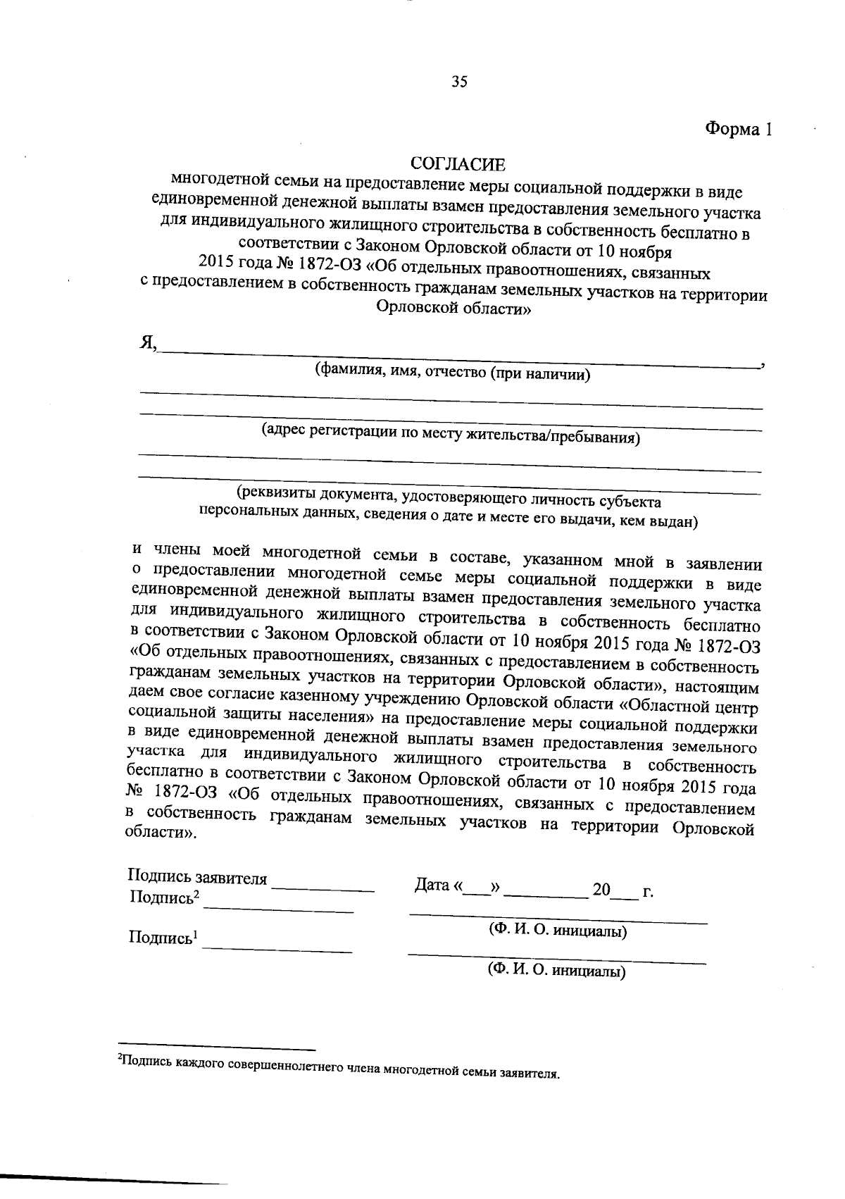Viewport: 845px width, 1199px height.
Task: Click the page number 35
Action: (459, 82)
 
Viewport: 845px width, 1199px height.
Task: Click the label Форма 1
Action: (739, 130)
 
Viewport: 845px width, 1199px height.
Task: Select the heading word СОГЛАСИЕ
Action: (458, 165)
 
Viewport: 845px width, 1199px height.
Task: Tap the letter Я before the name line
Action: (147, 342)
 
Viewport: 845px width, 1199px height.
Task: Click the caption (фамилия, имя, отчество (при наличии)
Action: (452, 373)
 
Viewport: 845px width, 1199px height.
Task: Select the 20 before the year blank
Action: (601, 890)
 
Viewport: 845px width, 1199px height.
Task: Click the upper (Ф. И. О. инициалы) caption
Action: (558, 931)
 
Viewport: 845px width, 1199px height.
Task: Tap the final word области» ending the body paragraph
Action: (161, 833)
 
